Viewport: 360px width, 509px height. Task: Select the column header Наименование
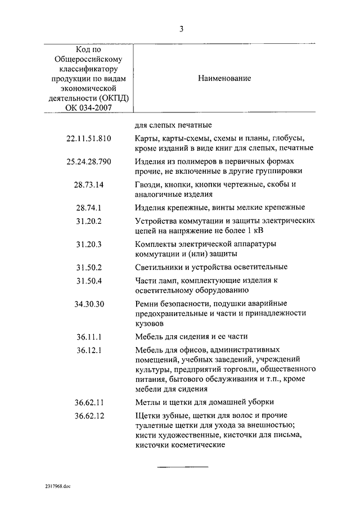point(224,79)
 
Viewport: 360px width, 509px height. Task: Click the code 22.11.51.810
point(89,138)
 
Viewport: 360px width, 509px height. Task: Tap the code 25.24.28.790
point(89,162)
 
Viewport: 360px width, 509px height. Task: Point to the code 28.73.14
point(89,185)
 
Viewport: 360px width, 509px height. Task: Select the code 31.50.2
point(89,267)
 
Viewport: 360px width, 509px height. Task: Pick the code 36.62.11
point(89,403)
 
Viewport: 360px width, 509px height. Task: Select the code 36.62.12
point(89,416)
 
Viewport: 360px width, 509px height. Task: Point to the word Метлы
point(147,403)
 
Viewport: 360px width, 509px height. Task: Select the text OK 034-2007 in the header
point(89,108)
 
